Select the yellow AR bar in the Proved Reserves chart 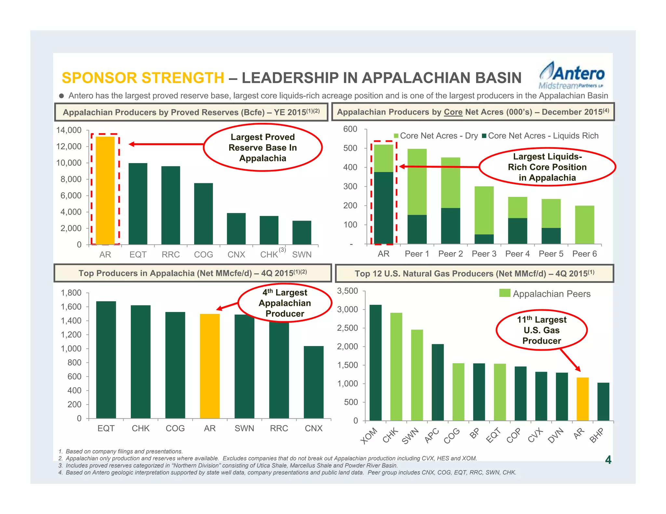click(105, 190)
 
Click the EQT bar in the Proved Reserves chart click(138, 204)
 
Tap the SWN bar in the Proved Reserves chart click(302, 233)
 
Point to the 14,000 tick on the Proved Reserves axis click(69, 130)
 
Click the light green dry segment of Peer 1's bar click(417, 182)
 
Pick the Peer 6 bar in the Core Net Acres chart click(584, 225)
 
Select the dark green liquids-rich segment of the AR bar click(383, 208)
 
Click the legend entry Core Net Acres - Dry click(435, 136)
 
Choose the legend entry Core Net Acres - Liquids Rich click(540, 136)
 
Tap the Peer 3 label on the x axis click(484, 254)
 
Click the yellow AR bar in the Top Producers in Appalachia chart click(210, 366)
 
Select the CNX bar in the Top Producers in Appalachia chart click(313, 382)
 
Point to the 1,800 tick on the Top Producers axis click(71, 293)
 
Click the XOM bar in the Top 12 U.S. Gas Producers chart click(376, 363)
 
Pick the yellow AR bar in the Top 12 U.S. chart click(582, 399)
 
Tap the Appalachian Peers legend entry click(545, 294)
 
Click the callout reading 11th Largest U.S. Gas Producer click(541, 330)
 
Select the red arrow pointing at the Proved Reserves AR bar click(166, 144)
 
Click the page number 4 click(608, 460)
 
